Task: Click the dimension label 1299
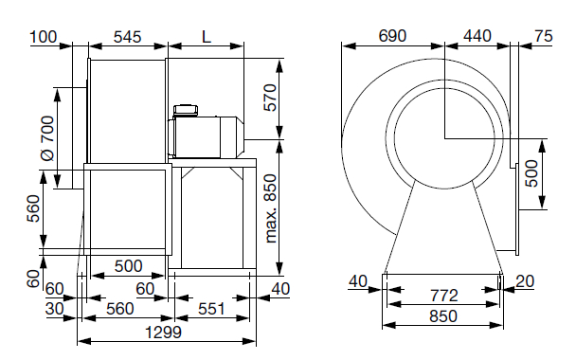(163, 333)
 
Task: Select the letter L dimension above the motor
(207, 37)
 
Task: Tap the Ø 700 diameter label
(47, 138)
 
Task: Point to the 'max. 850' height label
(271, 208)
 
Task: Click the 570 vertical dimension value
(270, 98)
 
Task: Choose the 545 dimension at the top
(127, 37)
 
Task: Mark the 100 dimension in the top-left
(44, 37)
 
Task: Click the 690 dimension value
(392, 36)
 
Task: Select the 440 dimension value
(477, 36)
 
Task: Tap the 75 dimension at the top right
(544, 36)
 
